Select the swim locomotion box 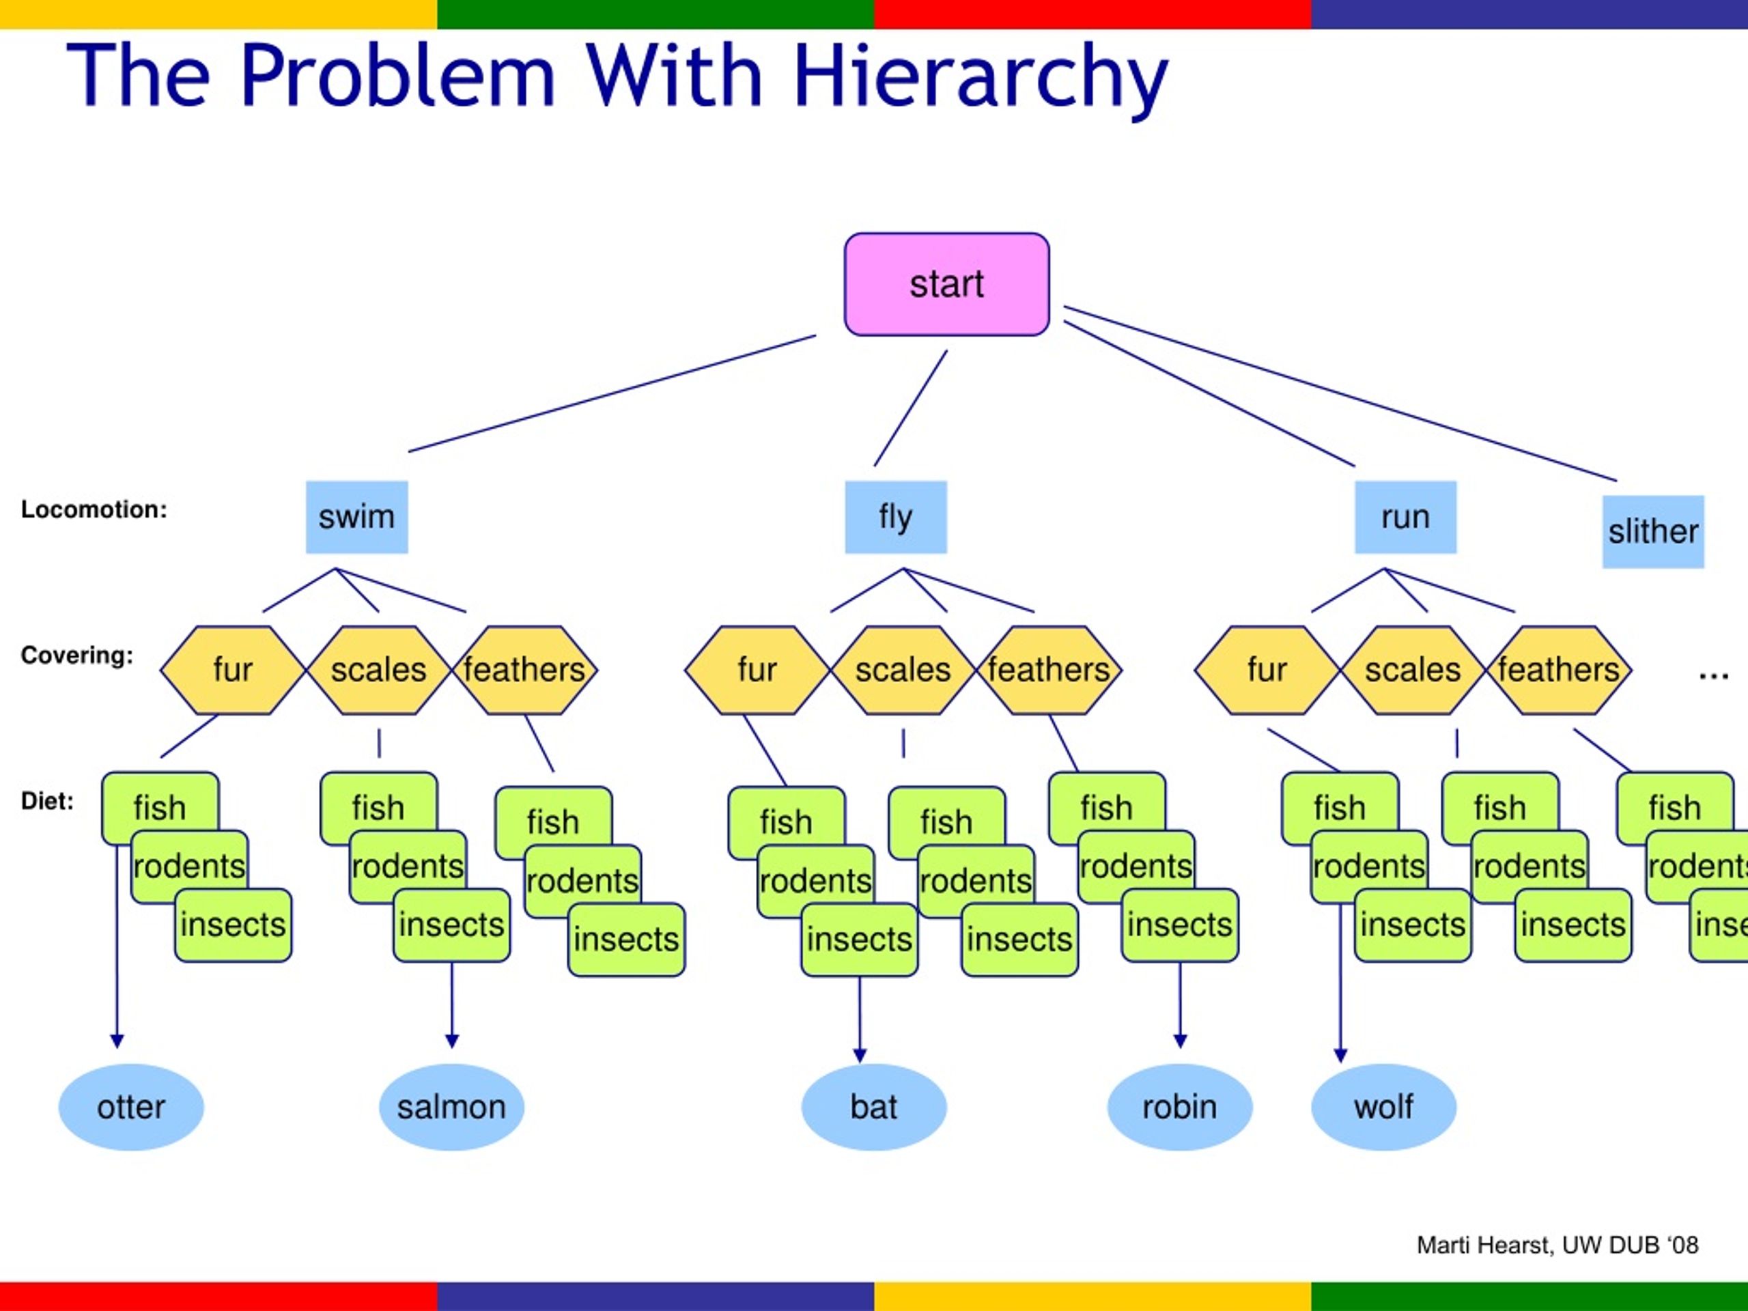(357, 517)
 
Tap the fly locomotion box (896, 517)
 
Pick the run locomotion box (1406, 517)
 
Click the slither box (1653, 532)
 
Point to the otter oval (131, 1107)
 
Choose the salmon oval (451, 1107)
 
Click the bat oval (874, 1107)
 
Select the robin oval (1180, 1107)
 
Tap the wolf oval (1383, 1107)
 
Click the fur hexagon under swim (233, 670)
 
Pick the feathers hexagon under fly (1049, 670)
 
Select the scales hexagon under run (1413, 670)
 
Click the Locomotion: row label (94, 509)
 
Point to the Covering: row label (77, 655)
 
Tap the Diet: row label (47, 802)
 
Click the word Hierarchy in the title (980, 77)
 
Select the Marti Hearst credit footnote (1557, 1245)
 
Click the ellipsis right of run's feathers (1713, 676)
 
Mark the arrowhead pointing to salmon (452, 1041)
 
